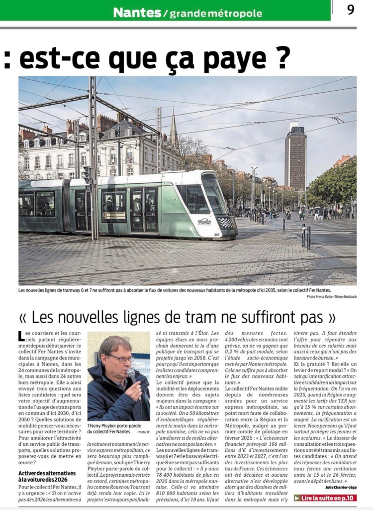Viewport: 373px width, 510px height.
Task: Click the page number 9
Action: [351, 10]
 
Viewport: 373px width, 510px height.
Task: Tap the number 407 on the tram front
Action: [217, 234]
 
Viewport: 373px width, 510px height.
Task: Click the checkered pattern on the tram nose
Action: [227, 223]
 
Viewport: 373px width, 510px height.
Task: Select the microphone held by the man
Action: [132, 377]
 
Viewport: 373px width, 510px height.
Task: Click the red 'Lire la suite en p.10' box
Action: [325, 498]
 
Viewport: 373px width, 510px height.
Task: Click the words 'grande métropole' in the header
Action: [216, 13]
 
